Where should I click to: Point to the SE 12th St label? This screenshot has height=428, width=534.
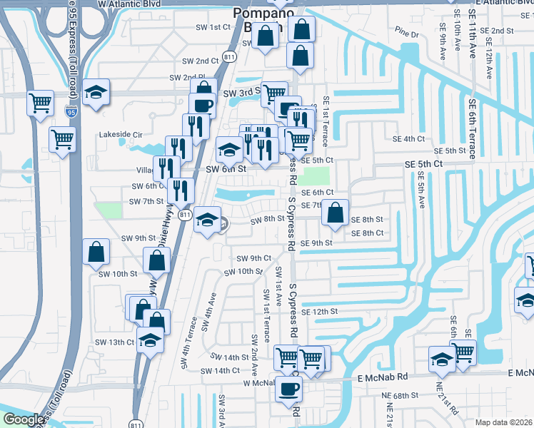[x=318, y=312]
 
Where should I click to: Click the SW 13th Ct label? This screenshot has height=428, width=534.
[x=114, y=342]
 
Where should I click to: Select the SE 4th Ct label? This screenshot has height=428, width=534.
[x=408, y=138]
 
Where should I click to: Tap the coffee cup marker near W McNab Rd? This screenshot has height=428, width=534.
[x=288, y=389]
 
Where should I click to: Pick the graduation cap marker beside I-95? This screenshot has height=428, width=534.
[x=95, y=93]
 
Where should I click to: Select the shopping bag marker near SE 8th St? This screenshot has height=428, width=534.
[x=334, y=213]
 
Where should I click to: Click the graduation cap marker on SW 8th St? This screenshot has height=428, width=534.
[x=208, y=219]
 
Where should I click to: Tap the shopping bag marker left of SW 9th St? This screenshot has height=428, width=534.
[x=96, y=252]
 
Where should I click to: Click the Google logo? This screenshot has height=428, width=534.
[x=24, y=420]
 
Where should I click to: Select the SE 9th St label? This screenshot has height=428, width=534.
[x=316, y=243]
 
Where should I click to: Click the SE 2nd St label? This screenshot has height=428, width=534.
[x=499, y=31]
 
